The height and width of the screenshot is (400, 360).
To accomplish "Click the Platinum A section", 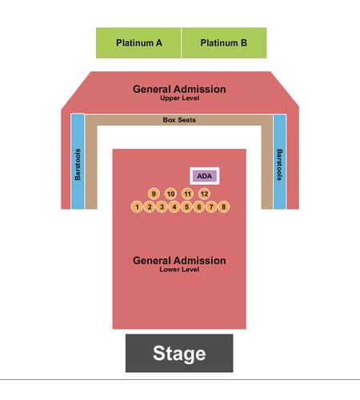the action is (138, 42).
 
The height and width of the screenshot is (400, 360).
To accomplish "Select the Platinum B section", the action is (224, 42).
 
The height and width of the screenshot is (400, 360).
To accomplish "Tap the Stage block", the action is (179, 353).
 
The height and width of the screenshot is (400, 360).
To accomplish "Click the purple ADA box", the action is (205, 176).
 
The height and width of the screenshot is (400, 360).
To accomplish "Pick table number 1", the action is (137, 206).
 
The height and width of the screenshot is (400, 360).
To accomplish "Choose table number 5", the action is (186, 206).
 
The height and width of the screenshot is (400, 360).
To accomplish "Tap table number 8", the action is (223, 206).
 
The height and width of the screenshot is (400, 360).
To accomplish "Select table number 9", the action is (154, 194).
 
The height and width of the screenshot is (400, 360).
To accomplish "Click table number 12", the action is (204, 194).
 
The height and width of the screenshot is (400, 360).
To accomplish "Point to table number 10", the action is (170, 194).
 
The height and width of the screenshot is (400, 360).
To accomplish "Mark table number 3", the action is (162, 206).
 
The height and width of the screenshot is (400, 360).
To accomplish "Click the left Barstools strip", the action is (78, 162).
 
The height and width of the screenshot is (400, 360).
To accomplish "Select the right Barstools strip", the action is (280, 162).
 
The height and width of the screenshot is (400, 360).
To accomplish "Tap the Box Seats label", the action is (179, 120).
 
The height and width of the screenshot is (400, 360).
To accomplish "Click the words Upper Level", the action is (179, 98).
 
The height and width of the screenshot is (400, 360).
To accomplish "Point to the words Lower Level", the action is (179, 270).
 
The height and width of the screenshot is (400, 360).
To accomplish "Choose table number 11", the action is (187, 194).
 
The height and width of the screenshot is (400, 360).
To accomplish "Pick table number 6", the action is (199, 206).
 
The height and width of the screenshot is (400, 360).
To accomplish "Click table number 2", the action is (150, 206).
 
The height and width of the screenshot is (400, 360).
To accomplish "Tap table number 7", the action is (211, 206).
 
